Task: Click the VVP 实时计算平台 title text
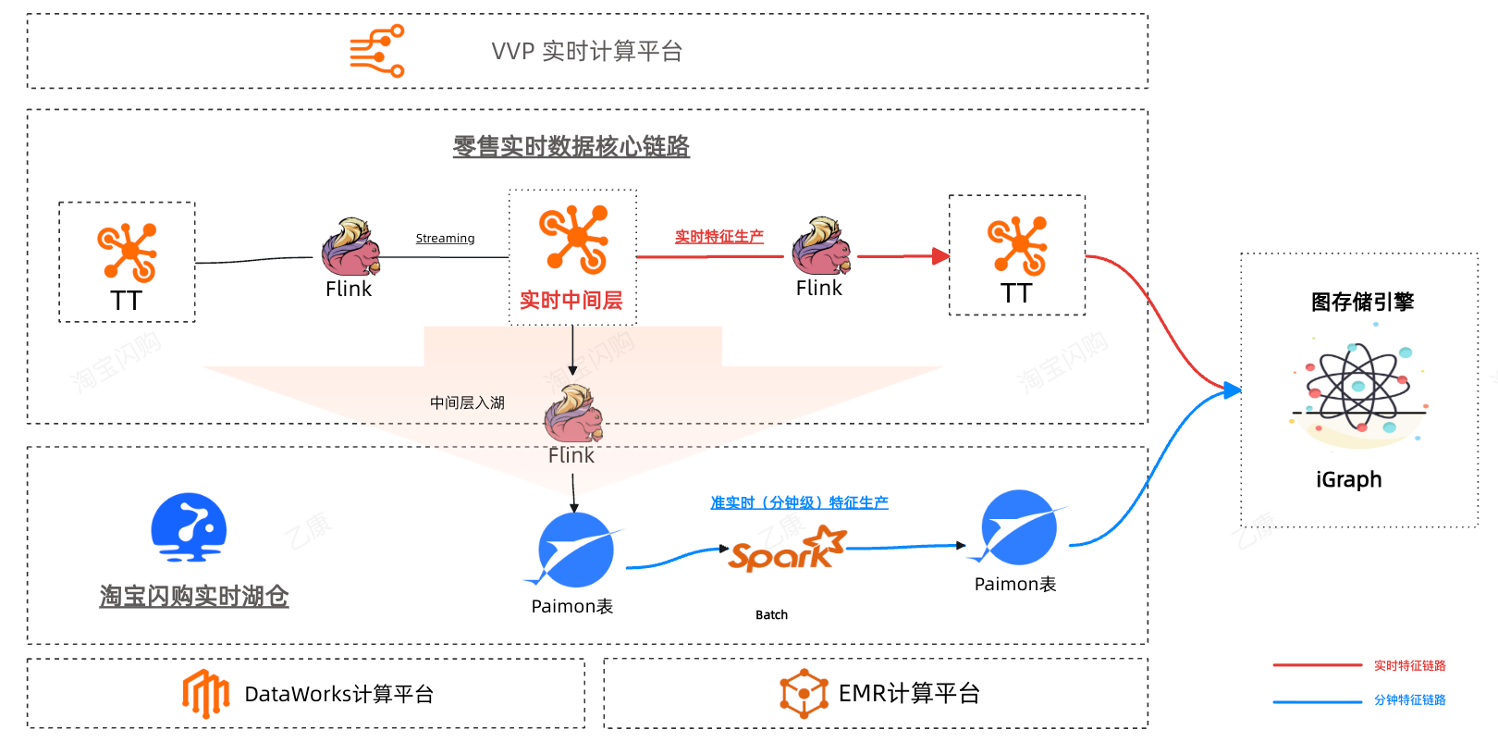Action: [586, 52]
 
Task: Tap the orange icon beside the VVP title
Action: [377, 51]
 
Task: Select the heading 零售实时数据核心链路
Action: [571, 146]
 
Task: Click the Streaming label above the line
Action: [445, 239]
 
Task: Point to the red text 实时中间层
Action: [571, 301]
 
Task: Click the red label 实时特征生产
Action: [718, 237]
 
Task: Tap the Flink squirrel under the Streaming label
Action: [350, 247]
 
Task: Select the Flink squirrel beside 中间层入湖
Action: [573, 414]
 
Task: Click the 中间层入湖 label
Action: [467, 402]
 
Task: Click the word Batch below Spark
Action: [771, 615]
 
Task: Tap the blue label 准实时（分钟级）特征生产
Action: [799, 502]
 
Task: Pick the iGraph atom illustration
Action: [1358, 389]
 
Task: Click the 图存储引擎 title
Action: [1362, 303]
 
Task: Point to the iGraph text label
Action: [1348, 479]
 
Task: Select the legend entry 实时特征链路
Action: [1409, 666]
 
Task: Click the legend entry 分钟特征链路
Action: [1409, 700]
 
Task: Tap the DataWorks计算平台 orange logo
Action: [205, 693]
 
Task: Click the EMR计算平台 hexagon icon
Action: [804, 693]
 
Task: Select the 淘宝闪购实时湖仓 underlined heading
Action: [194, 597]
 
